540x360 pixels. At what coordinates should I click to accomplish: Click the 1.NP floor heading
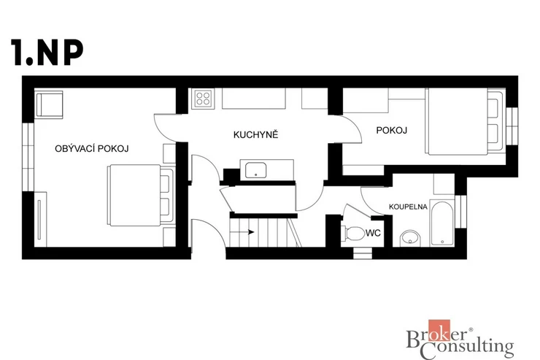47,53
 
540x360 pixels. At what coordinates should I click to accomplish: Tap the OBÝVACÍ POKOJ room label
92,148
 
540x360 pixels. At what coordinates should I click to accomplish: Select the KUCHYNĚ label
255,134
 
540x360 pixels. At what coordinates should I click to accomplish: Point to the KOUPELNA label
408,207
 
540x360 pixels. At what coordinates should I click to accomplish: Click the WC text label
374,233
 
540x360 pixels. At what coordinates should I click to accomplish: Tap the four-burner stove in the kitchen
203,98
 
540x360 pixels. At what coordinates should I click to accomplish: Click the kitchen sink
255,171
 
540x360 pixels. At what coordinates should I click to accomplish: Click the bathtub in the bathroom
441,223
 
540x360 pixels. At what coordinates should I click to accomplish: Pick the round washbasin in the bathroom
410,238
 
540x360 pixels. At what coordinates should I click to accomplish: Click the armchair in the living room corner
49,104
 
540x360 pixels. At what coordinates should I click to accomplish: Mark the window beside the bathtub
461,212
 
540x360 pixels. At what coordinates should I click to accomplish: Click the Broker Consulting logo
460,340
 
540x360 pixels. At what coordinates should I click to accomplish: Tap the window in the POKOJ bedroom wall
512,126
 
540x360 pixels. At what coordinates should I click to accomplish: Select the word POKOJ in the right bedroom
392,130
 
